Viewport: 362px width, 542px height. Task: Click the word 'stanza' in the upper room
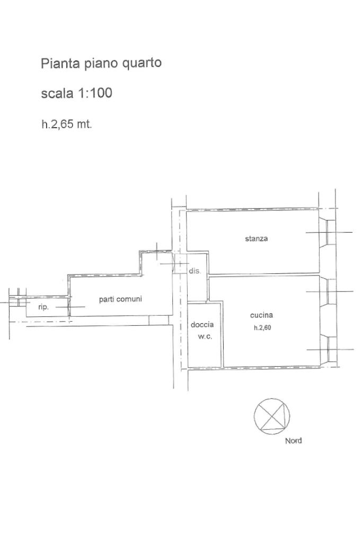(x=256, y=238)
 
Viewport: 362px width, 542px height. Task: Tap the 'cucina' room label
(x=261, y=315)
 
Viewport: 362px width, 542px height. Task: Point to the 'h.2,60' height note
(x=262, y=327)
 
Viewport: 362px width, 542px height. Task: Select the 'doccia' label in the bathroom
(x=202, y=325)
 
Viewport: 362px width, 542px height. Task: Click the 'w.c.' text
(x=205, y=336)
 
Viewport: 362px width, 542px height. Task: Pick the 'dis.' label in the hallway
(x=195, y=271)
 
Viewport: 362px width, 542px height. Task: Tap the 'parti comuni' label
(x=120, y=299)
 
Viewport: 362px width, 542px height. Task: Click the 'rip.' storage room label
(x=43, y=307)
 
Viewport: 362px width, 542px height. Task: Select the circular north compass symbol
(x=272, y=415)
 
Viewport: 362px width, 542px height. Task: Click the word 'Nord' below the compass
(x=293, y=441)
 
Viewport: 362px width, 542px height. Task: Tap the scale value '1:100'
(x=96, y=93)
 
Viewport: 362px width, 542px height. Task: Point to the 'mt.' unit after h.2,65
(x=84, y=125)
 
